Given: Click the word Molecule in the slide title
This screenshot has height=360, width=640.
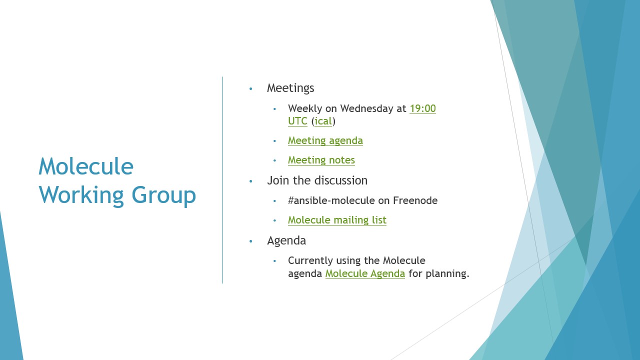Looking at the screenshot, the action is (x=86, y=166).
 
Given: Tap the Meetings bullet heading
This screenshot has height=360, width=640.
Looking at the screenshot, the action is (x=290, y=88).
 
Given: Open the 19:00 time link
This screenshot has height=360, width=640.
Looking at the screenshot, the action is (x=422, y=108).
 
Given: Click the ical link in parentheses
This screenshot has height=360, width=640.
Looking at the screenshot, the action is (x=323, y=121).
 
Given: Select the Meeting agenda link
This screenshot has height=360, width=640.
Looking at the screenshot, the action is (x=325, y=141).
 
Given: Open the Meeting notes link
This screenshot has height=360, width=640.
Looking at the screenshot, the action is (x=321, y=160).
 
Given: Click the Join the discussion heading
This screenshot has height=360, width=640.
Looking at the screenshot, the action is (x=317, y=180).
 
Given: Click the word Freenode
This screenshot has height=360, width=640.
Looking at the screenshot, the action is (x=415, y=200).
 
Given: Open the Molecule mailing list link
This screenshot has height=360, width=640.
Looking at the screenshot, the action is (x=337, y=220).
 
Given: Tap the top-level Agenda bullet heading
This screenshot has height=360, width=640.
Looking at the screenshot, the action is (x=286, y=241).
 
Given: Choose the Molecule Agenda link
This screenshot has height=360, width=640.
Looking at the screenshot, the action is (x=365, y=273).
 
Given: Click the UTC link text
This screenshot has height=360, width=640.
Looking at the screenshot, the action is (x=297, y=121).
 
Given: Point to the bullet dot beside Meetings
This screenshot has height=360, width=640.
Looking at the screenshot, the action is (x=251, y=89).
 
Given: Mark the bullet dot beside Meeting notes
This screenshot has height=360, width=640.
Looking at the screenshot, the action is (x=275, y=160).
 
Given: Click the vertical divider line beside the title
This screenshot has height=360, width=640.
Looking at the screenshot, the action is (x=222, y=180).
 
